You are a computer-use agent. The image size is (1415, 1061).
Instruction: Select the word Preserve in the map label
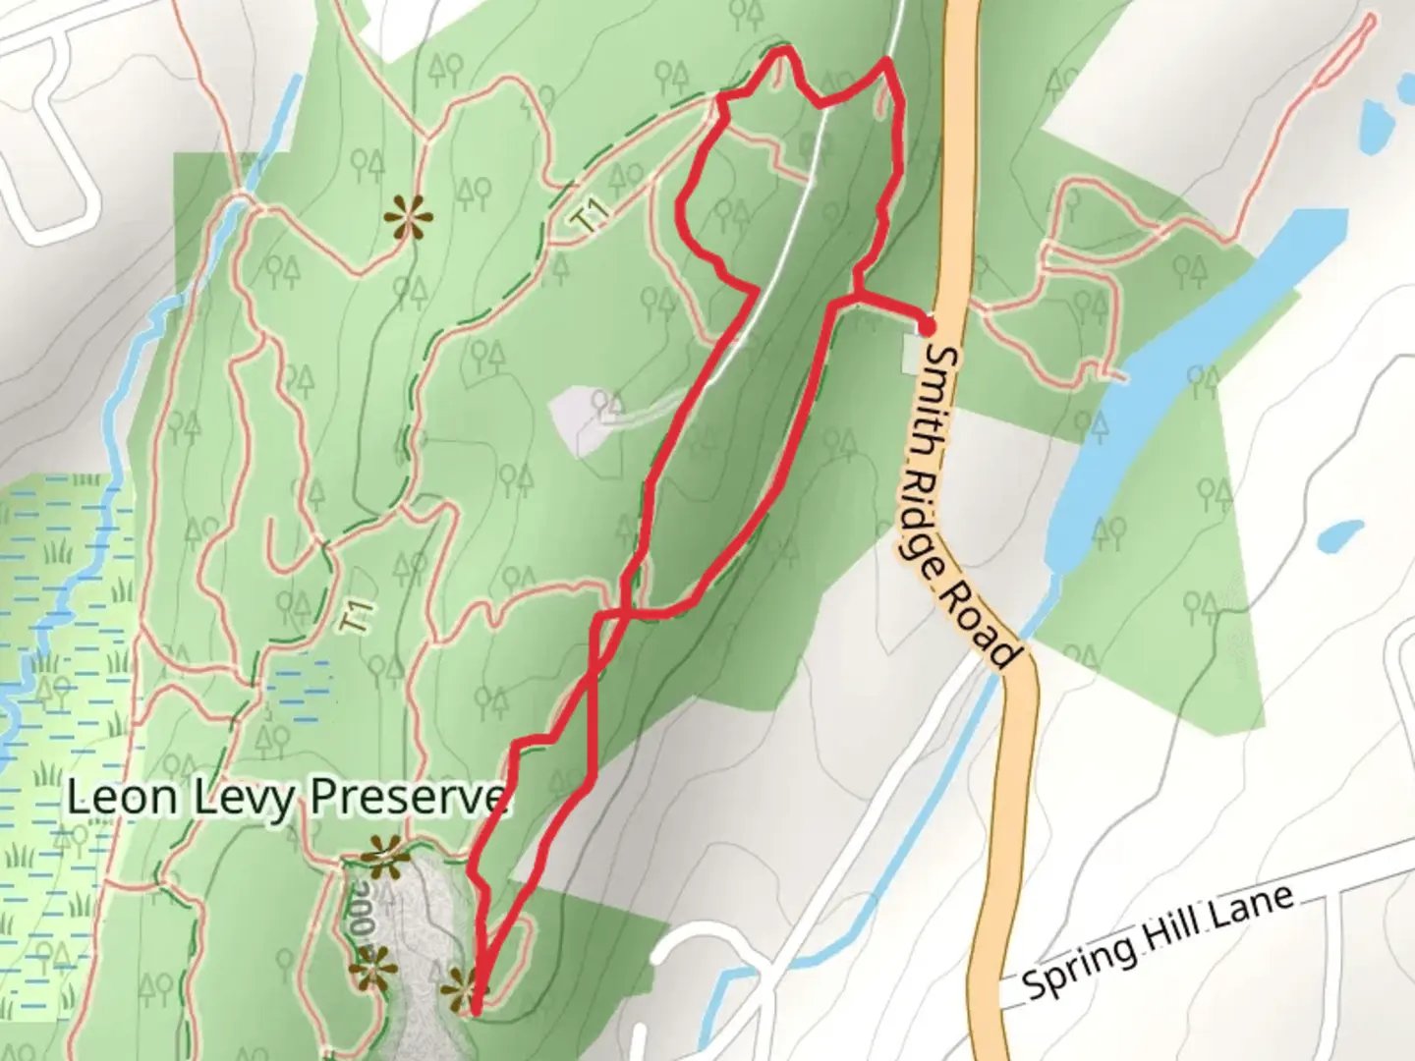411,797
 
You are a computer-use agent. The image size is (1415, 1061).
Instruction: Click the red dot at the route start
927,325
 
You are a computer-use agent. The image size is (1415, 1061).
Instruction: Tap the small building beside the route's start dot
913,353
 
